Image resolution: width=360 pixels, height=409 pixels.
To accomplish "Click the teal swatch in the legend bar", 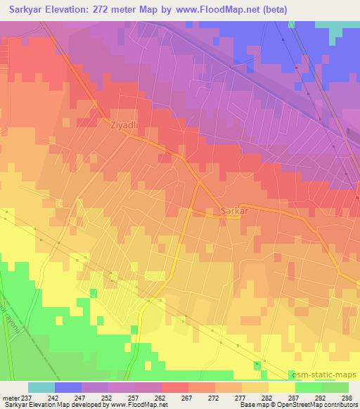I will click(x=41, y=387).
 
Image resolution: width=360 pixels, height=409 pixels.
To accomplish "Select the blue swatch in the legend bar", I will click(x=68, y=387).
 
